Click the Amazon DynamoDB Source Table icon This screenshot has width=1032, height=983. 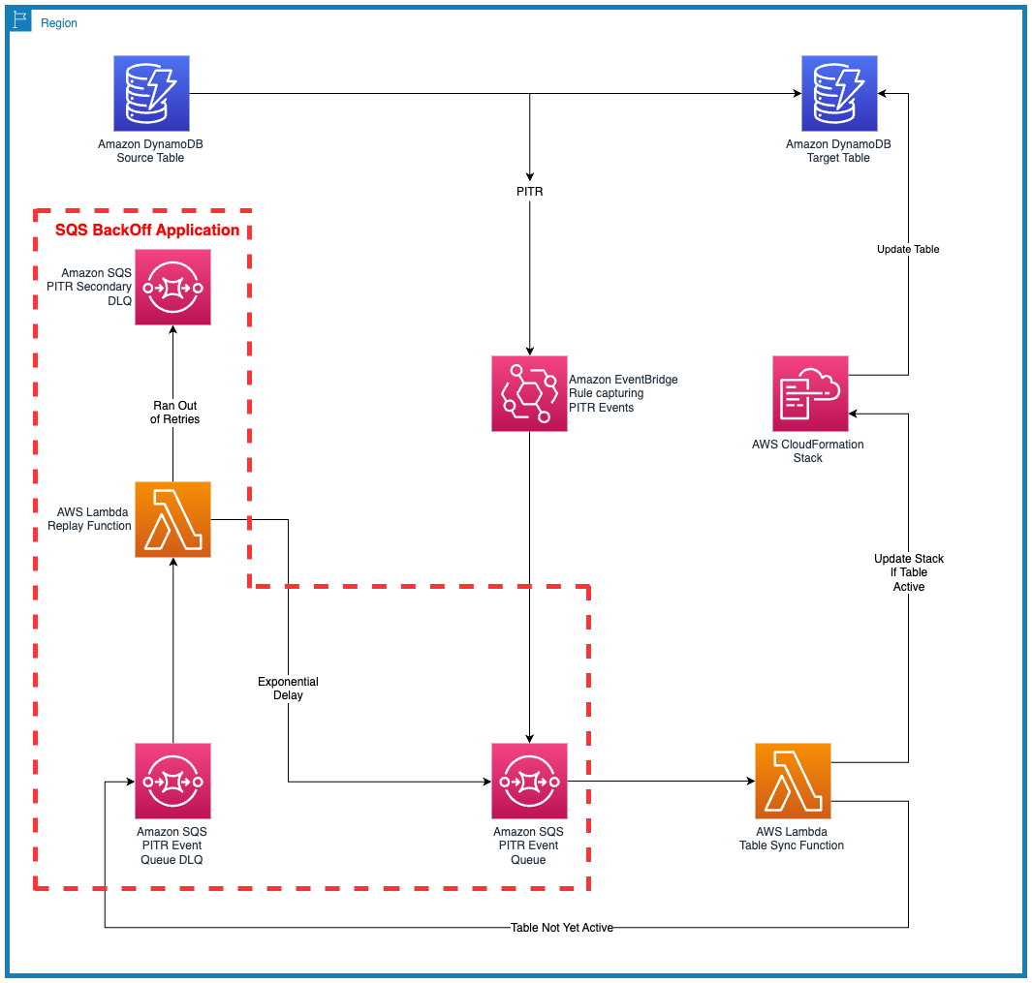(x=150, y=93)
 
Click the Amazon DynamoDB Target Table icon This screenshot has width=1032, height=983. (x=838, y=93)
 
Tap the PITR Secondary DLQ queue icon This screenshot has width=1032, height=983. (x=172, y=287)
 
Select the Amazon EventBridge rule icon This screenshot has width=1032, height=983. (x=529, y=393)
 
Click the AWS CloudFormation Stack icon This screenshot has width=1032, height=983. (x=810, y=393)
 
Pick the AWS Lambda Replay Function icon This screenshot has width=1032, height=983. (x=172, y=519)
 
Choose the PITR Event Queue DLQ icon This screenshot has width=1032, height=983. (x=172, y=781)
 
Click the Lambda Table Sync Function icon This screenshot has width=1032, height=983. (x=793, y=781)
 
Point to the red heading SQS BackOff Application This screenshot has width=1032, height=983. (x=147, y=230)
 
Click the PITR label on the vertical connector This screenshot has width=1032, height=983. (x=529, y=192)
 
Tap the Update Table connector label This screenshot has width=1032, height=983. (x=908, y=249)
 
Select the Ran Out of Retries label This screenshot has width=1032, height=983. (x=176, y=413)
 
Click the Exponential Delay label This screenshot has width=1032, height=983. (x=288, y=689)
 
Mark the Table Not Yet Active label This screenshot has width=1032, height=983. (x=562, y=928)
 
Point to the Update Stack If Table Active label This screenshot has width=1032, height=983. (x=909, y=572)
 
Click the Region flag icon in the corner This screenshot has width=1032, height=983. (x=21, y=21)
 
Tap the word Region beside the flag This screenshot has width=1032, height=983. (x=59, y=23)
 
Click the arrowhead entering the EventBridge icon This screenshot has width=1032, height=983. (x=529, y=351)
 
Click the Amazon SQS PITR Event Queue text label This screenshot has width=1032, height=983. (x=528, y=845)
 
